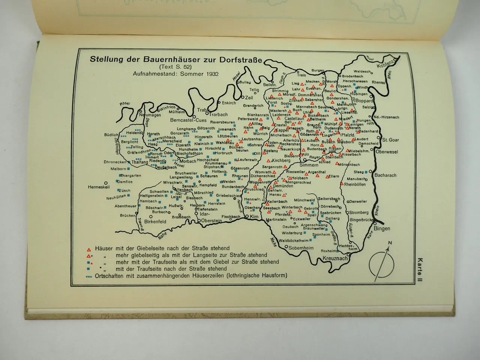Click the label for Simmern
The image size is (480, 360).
pyautogui.click(x=309, y=165)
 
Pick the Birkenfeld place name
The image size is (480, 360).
pyautogui.click(x=155, y=222)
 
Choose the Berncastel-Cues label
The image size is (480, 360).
pyautogui.click(x=188, y=121)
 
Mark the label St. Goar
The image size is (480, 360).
pyautogui.click(x=390, y=140)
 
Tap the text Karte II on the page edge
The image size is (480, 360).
pyautogui.click(x=420, y=270)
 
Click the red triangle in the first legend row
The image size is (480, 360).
pyautogui.click(x=89, y=249)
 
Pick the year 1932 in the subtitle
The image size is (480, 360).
pyautogui.click(x=212, y=73)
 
